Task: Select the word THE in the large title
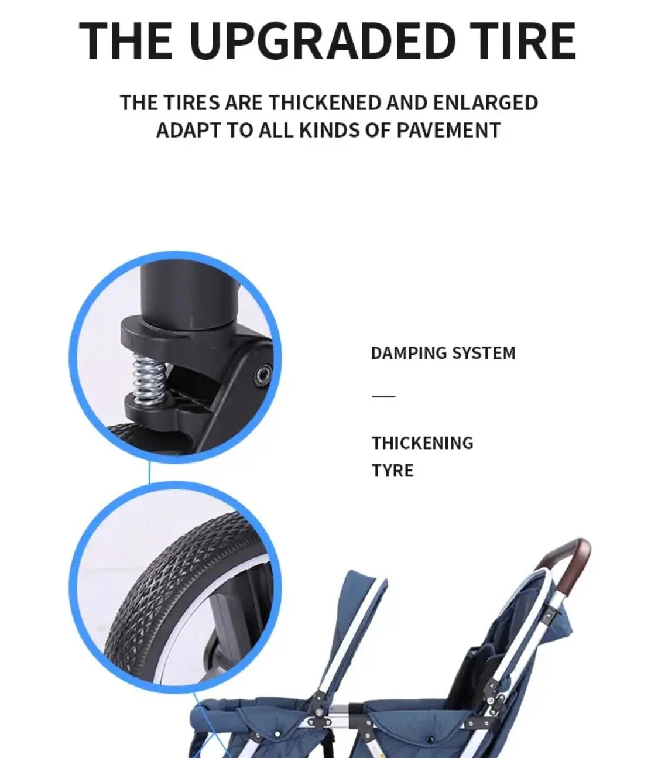(x=126, y=41)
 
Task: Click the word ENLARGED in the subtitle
(x=485, y=103)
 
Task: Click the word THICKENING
(x=422, y=443)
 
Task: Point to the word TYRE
(x=392, y=471)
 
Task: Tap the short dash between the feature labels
(x=383, y=396)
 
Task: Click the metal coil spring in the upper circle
(x=149, y=380)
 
